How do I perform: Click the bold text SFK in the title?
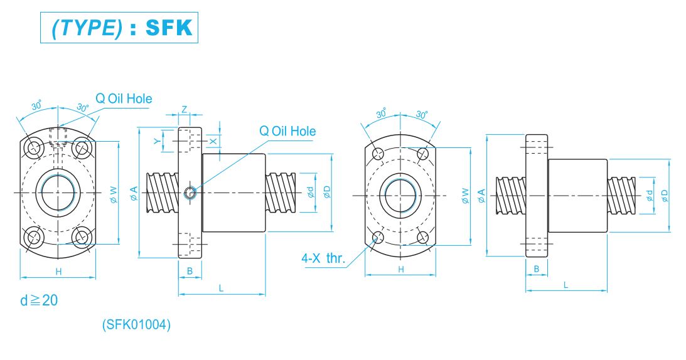pos(169,28)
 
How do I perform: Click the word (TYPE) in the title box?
pos(87,28)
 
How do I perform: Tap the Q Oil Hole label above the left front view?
pos(123,98)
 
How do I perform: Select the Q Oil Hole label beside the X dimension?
pos(287,131)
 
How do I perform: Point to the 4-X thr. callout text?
pos(323,258)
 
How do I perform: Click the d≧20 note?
pos(39,300)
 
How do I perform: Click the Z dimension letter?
pos(184,109)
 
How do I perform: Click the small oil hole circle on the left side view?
pos(189,193)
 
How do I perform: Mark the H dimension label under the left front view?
pos(58,271)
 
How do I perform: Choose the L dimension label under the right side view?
pos(566,285)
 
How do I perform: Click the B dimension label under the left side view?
pos(190,271)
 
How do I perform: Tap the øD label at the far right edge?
pos(665,196)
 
